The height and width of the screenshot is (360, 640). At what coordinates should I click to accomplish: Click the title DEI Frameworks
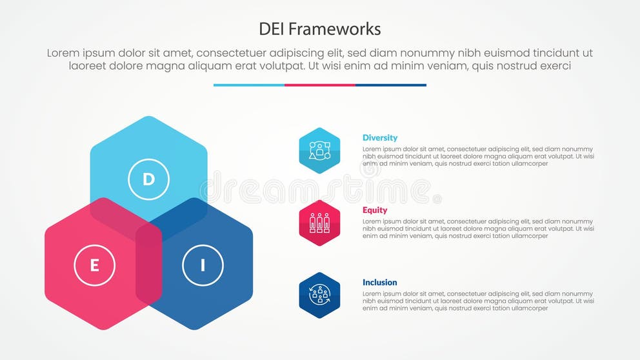coord(320,29)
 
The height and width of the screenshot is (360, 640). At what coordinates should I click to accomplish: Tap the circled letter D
coord(148,179)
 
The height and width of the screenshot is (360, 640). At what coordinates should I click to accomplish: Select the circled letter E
coord(94,265)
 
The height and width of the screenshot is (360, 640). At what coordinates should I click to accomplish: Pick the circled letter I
coord(203,265)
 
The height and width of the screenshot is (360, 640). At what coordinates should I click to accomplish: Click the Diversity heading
coord(380,137)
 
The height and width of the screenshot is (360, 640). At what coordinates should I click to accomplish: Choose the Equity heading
coord(375,210)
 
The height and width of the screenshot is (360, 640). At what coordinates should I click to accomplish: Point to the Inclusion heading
coord(380,282)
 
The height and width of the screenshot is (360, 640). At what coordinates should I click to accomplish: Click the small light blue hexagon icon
coord(319,150)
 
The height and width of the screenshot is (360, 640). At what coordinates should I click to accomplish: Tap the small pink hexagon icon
coord(319,223)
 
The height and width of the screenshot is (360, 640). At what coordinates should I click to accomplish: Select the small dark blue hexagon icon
coord(319,295)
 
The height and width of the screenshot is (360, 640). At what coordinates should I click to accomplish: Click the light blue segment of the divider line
coord(249,85)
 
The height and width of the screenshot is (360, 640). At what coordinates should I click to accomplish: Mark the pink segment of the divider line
coord(320,85)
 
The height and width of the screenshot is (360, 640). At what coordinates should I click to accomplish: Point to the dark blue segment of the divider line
coord(391,85)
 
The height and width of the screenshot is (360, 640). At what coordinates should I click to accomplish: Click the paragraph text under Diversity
coord(478,156)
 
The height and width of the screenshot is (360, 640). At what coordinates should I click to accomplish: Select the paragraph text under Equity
coord(478,228)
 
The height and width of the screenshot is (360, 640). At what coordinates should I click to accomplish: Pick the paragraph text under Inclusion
coord(478,301)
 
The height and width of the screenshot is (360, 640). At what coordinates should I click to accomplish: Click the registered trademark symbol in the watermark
coord(437,199)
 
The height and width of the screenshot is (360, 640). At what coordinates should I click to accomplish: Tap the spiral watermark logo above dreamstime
coord(370,169)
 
